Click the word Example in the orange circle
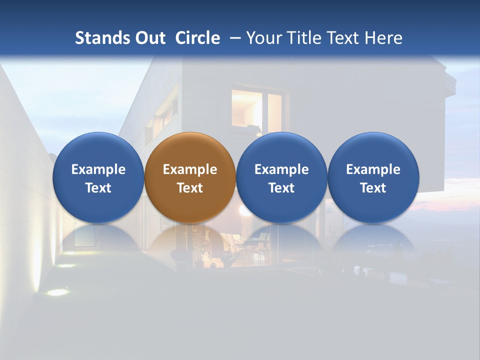189,169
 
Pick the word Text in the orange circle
189,188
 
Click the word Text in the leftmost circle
98,188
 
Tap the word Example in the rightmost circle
373,169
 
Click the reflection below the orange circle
189,245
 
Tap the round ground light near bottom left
57,292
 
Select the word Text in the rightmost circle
373,188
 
